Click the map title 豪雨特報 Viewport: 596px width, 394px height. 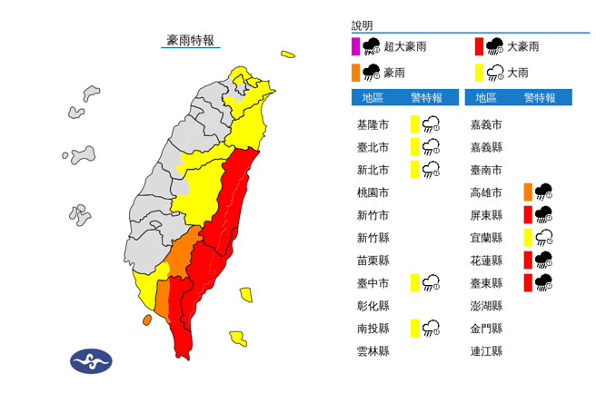tap(190, 40)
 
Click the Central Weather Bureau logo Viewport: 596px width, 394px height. tap(91, 361)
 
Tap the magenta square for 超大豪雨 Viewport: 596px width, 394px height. tap(355, 45)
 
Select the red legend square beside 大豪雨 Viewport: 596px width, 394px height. tap(478, 45)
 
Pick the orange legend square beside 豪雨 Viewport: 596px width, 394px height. tap(355, 70)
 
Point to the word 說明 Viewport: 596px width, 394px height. tap(363, 26)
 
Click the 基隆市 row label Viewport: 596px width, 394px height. tap(373, 123)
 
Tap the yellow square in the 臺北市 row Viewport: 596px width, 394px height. tap(414, 146)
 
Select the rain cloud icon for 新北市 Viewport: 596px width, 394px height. tap(432, 169)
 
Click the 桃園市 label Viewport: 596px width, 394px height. tap(373, 192)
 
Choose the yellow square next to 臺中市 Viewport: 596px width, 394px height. tap(414, 283)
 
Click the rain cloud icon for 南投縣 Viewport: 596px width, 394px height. tap(432, 328)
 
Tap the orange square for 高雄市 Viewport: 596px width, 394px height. tap(527, 192)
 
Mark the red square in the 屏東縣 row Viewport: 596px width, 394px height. tap(527, 214)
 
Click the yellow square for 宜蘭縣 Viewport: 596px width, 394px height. tap(527, 237)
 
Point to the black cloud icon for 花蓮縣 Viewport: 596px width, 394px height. tap(545, 260)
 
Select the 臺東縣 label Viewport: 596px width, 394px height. tap(486, 283)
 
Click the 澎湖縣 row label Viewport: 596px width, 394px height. tap(486, 306)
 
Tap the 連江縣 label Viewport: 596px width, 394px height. tap(486, 351)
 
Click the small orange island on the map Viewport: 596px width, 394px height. tap(146, 320)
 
